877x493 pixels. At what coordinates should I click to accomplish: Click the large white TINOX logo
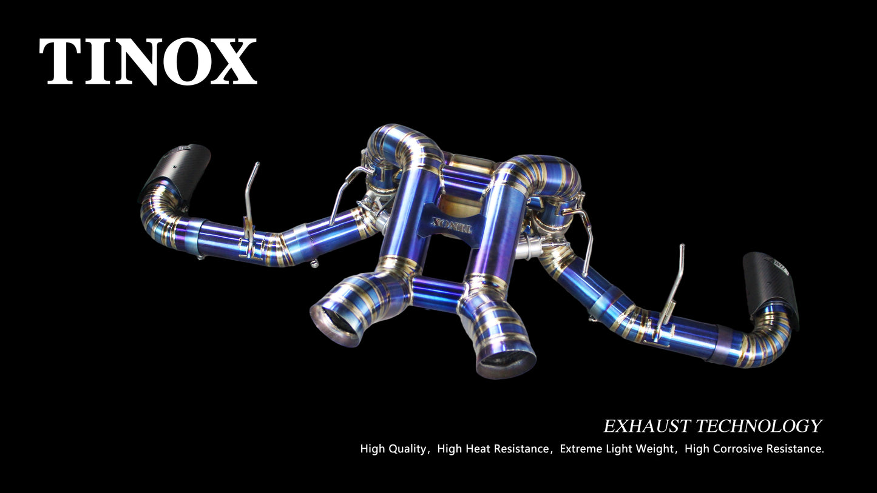148,61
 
